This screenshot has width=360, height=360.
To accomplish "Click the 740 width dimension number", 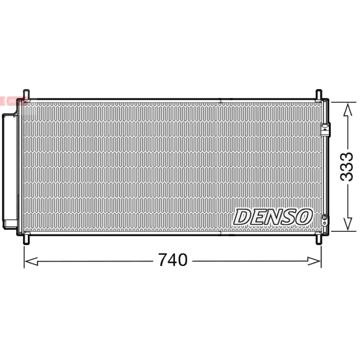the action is click(x=173, y=260).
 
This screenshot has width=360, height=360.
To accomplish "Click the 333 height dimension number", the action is click(x=346, y=166).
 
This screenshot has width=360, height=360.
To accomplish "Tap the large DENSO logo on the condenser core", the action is click(x=273, y=217).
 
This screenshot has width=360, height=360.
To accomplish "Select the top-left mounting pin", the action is click(x=27, y=94).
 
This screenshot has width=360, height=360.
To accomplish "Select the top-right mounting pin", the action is click(x=319, y=94).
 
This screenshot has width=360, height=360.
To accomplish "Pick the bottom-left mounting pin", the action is click(x=27, y=239).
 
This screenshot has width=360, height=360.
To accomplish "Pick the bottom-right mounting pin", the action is click(x=319, y=239).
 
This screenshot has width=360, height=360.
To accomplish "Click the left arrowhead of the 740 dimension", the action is click(x=31, y=261).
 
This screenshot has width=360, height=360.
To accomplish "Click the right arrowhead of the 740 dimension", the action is click(x=314, y=261).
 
